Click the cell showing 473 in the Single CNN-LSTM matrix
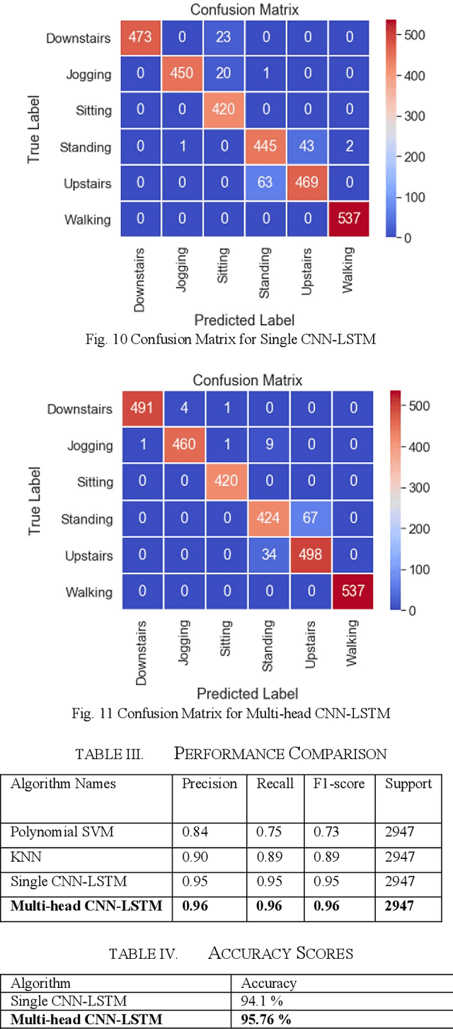pos(140,37)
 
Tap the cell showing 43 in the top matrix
pos(308,147)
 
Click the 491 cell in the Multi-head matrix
pos(142,409)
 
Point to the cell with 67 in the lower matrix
pos(310,519)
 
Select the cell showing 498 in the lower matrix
pos(310,556)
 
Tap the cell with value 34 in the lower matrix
pos(268,556)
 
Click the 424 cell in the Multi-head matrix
pos(268,519)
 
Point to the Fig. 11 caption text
pos(231,713)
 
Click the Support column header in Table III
pos(408,783)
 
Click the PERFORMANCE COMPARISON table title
pos(280,753)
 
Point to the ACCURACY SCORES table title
pos(280,953)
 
